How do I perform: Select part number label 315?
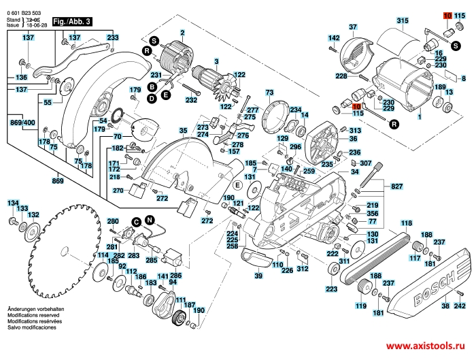coord(403,22)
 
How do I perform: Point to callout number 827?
coord(397,186)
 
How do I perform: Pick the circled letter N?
coord(150,219)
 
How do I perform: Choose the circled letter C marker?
coord(136,222)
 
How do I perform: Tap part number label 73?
coord(269,92)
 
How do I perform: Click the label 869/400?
coord(22,122)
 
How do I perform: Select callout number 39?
coord(258,276)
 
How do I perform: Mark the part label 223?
coord(331,289)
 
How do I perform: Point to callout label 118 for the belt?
coord(406,223)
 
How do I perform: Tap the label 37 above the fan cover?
coord(353,27)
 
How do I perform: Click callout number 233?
coord(112,37)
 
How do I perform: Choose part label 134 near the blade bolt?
coord(13,203)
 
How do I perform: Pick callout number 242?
coord(459,307)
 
